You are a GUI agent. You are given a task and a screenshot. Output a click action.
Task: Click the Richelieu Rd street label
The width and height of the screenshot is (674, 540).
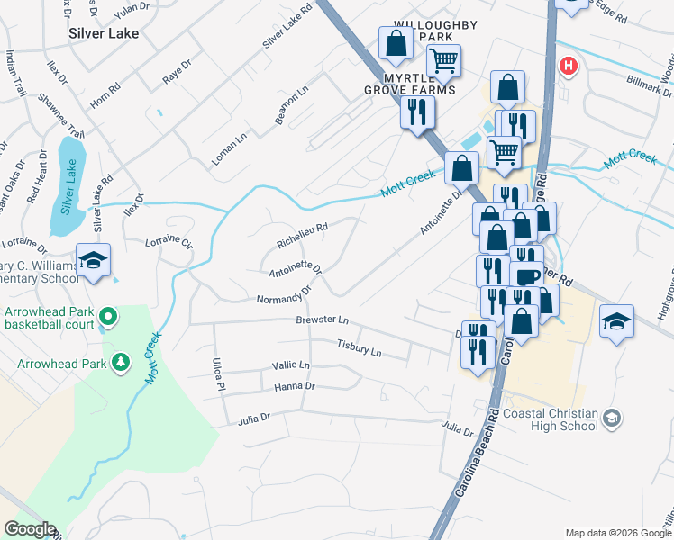coord(302,237)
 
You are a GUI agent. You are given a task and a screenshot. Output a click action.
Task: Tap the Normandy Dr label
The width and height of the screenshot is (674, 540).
coord(283,296)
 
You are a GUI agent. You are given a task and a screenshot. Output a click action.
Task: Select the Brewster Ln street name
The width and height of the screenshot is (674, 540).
coord(322,320)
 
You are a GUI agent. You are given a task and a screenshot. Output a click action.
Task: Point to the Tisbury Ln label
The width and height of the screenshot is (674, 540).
coord(359,348)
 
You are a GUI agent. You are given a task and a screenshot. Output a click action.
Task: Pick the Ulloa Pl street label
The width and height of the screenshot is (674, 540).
coord(216,373)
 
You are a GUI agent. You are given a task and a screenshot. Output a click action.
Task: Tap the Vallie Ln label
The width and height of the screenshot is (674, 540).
coord(290,365)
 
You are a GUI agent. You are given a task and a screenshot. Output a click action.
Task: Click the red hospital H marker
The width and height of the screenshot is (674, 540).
coord(568,65)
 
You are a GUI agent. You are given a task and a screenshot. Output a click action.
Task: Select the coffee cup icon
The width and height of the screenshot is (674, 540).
coord(526,275)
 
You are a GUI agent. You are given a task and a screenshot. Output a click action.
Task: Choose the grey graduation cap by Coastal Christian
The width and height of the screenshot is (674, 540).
coord(612,418)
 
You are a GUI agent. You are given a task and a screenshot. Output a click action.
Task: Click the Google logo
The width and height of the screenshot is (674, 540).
coord(30,529)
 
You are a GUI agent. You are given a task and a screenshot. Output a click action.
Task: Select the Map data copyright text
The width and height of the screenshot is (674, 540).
coord(618,533)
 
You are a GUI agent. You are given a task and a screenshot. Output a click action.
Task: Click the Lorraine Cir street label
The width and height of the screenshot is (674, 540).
coord(169,243)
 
